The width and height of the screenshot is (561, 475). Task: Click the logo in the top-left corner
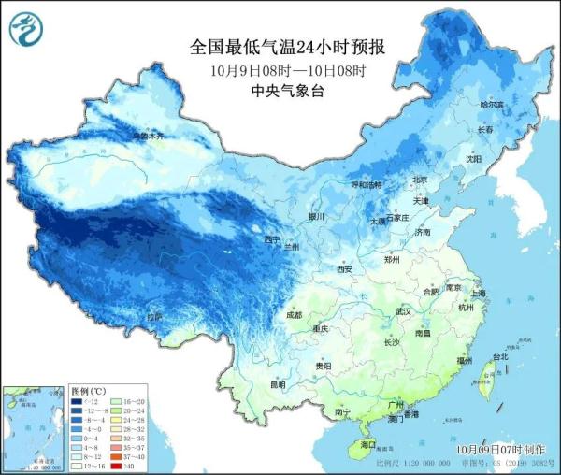26,32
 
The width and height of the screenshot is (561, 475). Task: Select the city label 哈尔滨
491,106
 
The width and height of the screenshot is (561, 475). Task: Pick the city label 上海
478,293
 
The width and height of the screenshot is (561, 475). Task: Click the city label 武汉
403,310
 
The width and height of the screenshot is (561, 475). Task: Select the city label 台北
499,356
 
